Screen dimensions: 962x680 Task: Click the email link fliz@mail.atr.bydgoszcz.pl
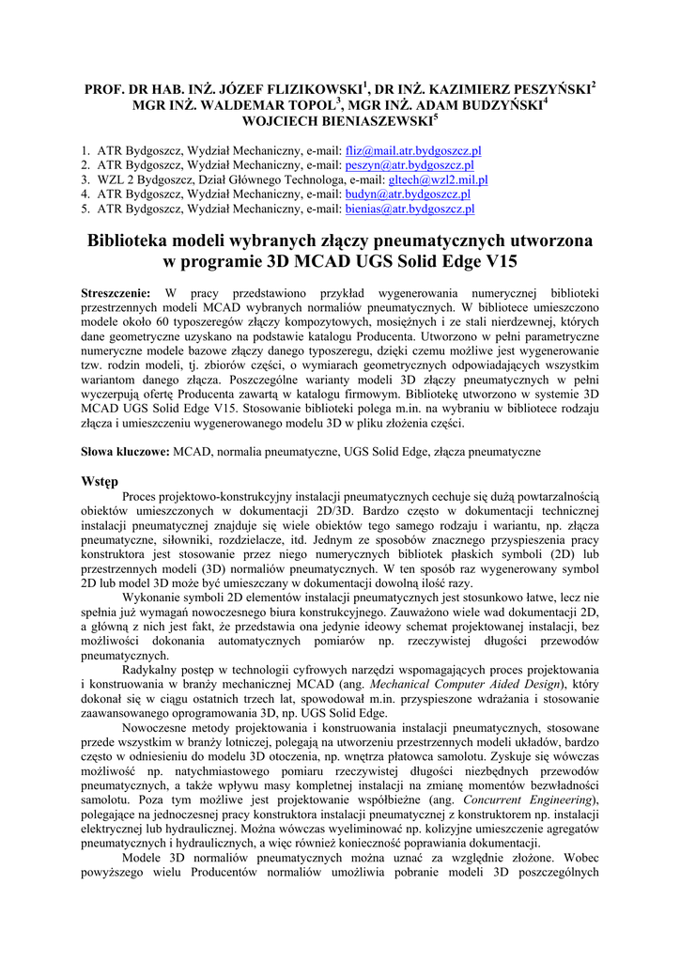point(413,149)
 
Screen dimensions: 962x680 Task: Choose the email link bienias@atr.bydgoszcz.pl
point(410,209)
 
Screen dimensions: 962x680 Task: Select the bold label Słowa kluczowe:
point(125,452)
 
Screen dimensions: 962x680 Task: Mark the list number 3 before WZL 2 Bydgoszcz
point(85,179)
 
